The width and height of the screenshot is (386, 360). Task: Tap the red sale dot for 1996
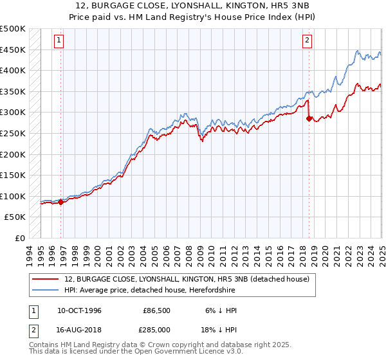[x=61, y=202]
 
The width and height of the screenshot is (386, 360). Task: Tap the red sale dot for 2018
[x=309, y=119]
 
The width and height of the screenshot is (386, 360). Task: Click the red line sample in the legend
[x=46, y=278]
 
